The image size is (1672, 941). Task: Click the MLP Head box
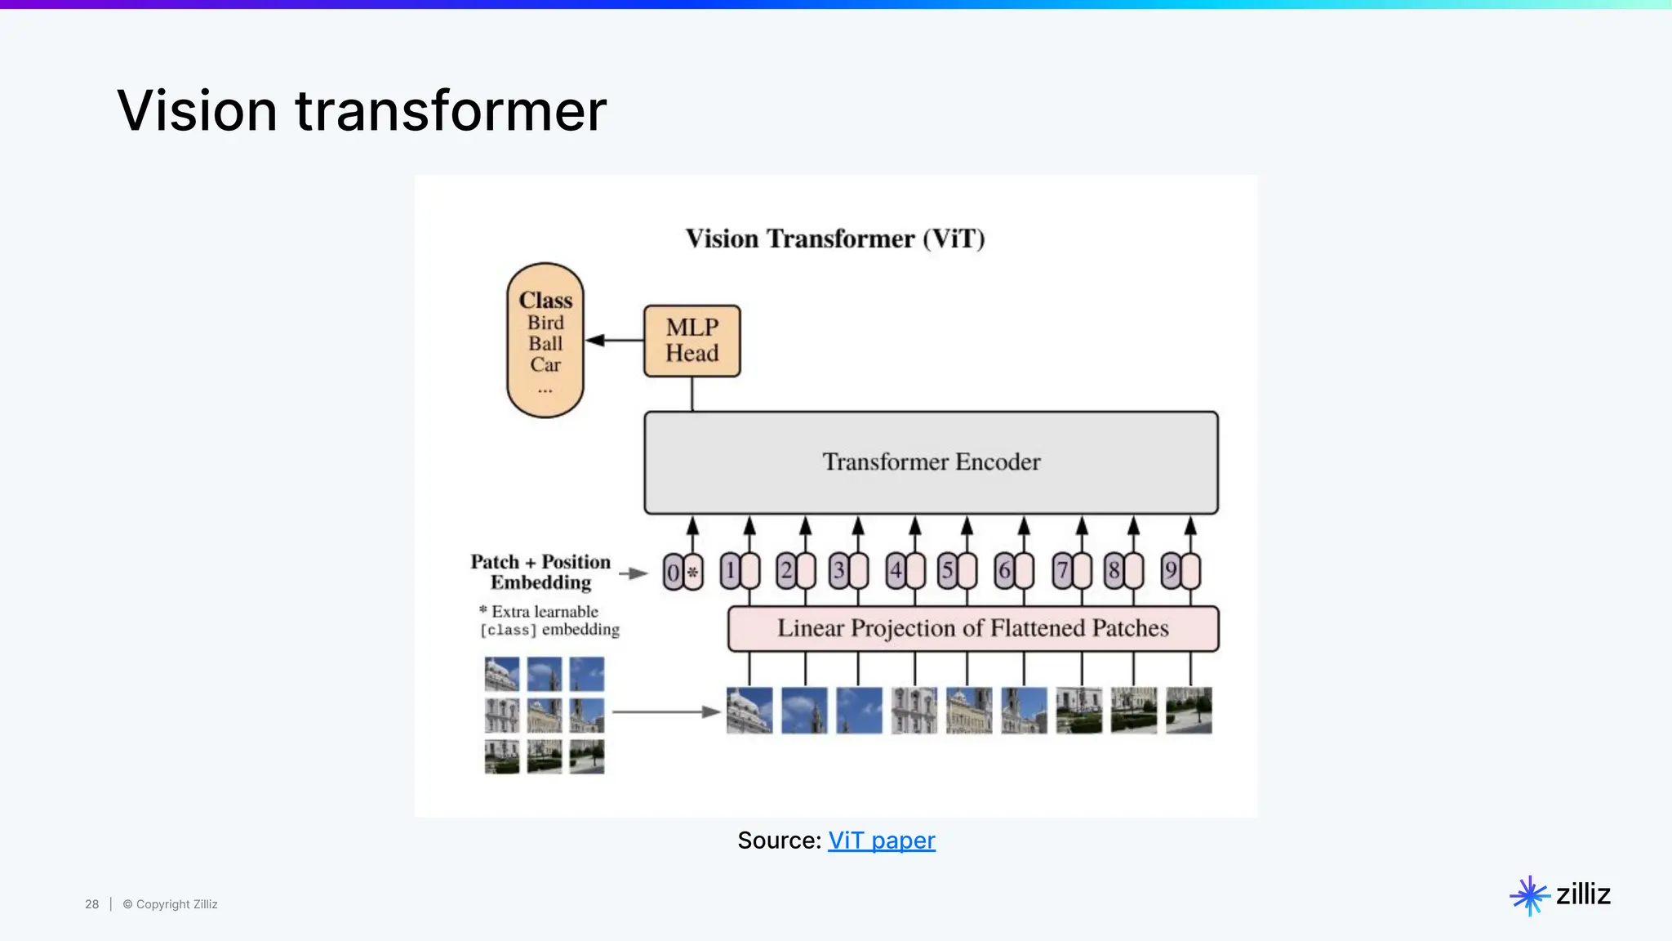click(x=691, y=341)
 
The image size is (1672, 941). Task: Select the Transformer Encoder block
click(x=931, y=462)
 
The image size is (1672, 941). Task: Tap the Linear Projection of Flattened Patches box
click(x=972, y=628)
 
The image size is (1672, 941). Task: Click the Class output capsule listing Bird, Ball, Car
click(x=545, y=341)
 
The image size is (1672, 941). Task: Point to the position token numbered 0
click(x=673, y=572)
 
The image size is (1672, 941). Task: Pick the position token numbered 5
click(x=947, y=570)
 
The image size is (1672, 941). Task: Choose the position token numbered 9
click(x=1171, y=570)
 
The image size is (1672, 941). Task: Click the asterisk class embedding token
click(x=693, y=572)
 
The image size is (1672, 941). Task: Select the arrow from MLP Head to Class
click(x=615, y=341)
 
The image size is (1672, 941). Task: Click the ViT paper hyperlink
click(x=881, y=840)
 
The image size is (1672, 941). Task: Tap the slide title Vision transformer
click(x=362, y=110)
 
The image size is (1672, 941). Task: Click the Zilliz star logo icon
click(x=1529, y=895)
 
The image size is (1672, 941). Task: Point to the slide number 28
click(x=92, y=904)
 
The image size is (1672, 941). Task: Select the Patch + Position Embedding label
click(x=540, y=572)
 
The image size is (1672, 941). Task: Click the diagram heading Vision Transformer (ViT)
click(x=835, y=239)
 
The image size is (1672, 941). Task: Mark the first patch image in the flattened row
click(x=749, y=710)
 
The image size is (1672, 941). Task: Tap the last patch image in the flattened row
click(x=1189, y=710)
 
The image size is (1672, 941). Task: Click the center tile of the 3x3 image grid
click(x=545, y=716)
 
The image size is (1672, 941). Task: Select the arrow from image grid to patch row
click(x=665, y=711)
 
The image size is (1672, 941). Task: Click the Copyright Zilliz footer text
click(x=171, y=904)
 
